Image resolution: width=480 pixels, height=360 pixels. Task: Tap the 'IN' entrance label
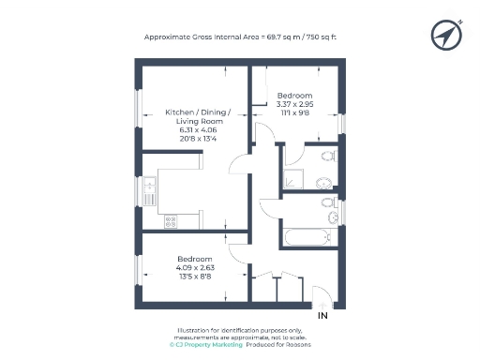click(x=323, y=316)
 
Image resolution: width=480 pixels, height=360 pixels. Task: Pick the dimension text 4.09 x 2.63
click(x=195, y=267)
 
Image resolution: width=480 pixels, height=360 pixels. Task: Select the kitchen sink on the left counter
click(x=150, y=191)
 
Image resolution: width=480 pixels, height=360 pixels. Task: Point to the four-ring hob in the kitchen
click(x=171, y=222)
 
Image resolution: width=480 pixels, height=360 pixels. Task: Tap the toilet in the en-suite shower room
click(x=326, y=156)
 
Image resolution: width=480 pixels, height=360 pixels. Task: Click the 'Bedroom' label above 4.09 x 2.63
click(x=195, y=258)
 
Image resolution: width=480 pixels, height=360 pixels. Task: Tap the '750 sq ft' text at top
click(x=317, y=37)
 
